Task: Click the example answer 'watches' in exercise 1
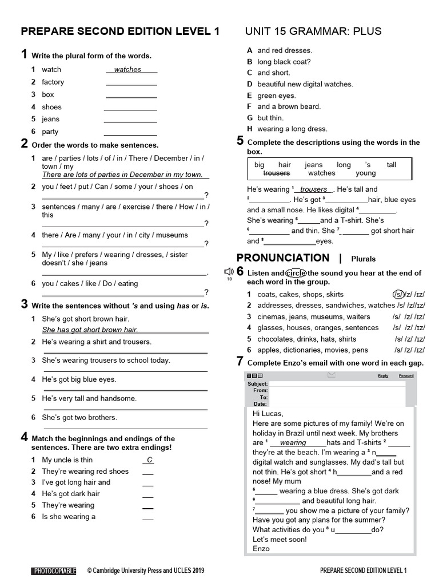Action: tap(127, 70)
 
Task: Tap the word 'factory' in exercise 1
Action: tap(53, 82)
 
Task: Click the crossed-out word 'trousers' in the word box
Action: tap(277, 173)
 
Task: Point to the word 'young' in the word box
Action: tap(366, 173)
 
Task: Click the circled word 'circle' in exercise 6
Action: tap(296, 273)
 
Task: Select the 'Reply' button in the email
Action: tap(383, 376)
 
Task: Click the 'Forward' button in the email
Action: tap(406, 376)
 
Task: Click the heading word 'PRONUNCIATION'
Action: tap(283, 258)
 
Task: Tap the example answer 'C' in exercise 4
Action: tap(149, 460)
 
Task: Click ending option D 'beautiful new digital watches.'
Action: tap(305, 84)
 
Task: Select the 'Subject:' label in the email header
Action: tap(257, 383)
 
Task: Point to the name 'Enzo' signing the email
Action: tap(261, 549)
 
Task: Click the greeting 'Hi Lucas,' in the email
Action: tap(268, 414)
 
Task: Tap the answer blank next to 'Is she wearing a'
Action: tap(148, 518)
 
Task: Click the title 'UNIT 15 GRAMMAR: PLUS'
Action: tap(313, 31)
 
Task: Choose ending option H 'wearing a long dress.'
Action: tap(292, 129)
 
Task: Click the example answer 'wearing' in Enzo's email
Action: tap(293, 443)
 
